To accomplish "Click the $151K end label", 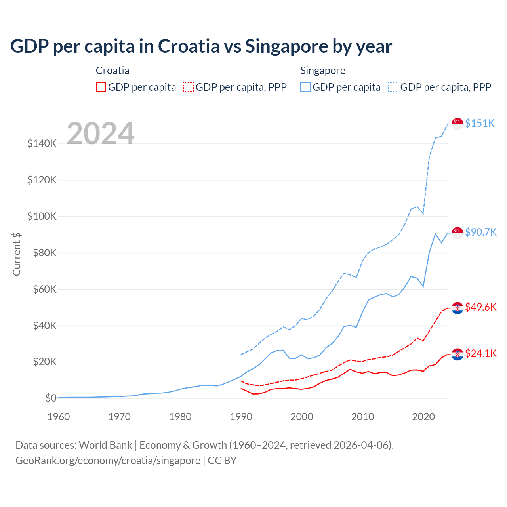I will pyautogui.click(x=480, y=123).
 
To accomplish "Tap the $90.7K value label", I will pyautogui.click(x=480, y=232).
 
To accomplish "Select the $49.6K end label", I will pyautogui.click(x=480, y=307).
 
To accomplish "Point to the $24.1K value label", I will pyautogui.click(x=480, y=353).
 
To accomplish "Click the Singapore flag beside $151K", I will pyautogui.click(x=457, y=124).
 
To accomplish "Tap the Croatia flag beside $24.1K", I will pyautogui.click(x=457, y=354).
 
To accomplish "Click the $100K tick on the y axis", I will pyautogui.click(x=42, y=216).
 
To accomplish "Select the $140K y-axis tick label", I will pyautogui.click(x=42, y=143).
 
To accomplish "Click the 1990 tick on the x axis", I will pyautogui.click(x=241, y=417).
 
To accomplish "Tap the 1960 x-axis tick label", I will pyautogui.click(x=59, y=417).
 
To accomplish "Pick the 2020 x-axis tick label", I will pyautogui.click(x=423, y=417).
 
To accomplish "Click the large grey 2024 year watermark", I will pyautogui.click(x=101, y=133).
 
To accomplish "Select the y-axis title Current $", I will pyautogui.click(x=17, y=254).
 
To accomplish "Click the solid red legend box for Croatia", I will pyautogui.click(x=101, y=87).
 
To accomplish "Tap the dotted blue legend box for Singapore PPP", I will pyautogui.click(x=393, y=87).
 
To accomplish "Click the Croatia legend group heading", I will pyautogui.click(x=112, y=71).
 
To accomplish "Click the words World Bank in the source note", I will pyautogui.click(x=105, y=445).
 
